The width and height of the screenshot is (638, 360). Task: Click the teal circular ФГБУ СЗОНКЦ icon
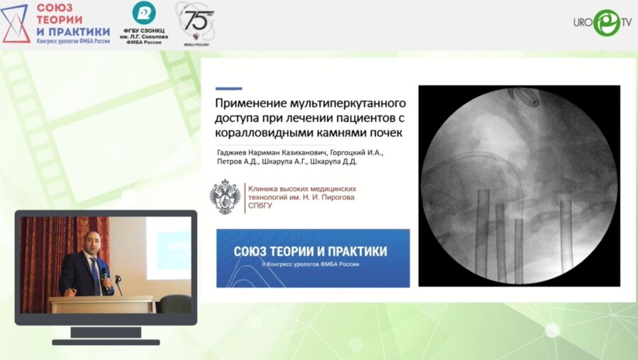tap(144, 13)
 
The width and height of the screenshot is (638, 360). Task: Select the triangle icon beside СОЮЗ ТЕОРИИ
tap(16, 23)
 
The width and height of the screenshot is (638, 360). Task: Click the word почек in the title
tap(386, 133)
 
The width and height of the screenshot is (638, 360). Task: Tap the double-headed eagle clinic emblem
tap(225, 197)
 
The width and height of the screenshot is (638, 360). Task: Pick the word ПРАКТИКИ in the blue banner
tap(354, 252)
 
